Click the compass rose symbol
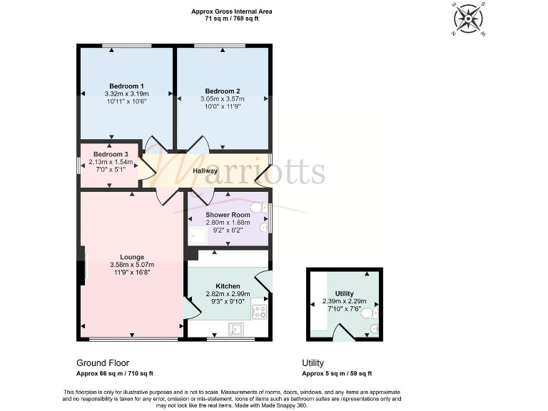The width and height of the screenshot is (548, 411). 468,18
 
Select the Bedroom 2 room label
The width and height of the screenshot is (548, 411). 222,91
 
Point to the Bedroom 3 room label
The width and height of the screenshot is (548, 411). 111,154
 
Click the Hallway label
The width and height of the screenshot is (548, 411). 205,171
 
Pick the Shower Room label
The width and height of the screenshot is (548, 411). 228,215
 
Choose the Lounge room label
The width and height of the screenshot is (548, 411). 132,257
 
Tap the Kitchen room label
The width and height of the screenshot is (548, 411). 218,285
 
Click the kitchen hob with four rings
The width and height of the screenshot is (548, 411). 258,311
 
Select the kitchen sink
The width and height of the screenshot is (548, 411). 236,329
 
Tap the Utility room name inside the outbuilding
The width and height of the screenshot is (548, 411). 344,293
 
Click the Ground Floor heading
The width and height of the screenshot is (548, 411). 103,362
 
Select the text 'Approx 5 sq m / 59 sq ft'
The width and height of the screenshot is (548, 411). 337,373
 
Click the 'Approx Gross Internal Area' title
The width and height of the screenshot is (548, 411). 231,11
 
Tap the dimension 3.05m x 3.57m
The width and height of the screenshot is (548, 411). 222,98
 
